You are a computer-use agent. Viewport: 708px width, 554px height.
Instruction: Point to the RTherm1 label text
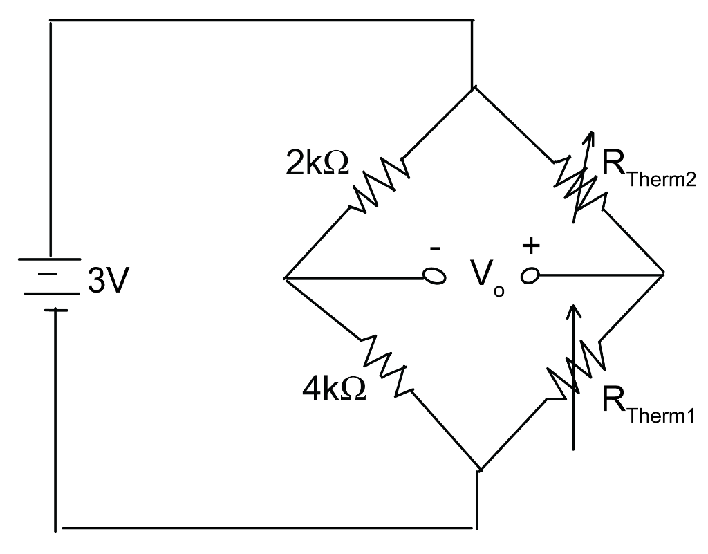[647, 404]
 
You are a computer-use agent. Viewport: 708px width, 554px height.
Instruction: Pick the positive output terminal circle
[531, 277]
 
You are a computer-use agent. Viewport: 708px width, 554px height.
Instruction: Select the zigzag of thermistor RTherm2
[579, 181]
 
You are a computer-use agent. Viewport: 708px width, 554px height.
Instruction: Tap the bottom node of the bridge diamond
[478, 471]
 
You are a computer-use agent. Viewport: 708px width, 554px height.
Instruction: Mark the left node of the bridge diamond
[285, 279]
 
